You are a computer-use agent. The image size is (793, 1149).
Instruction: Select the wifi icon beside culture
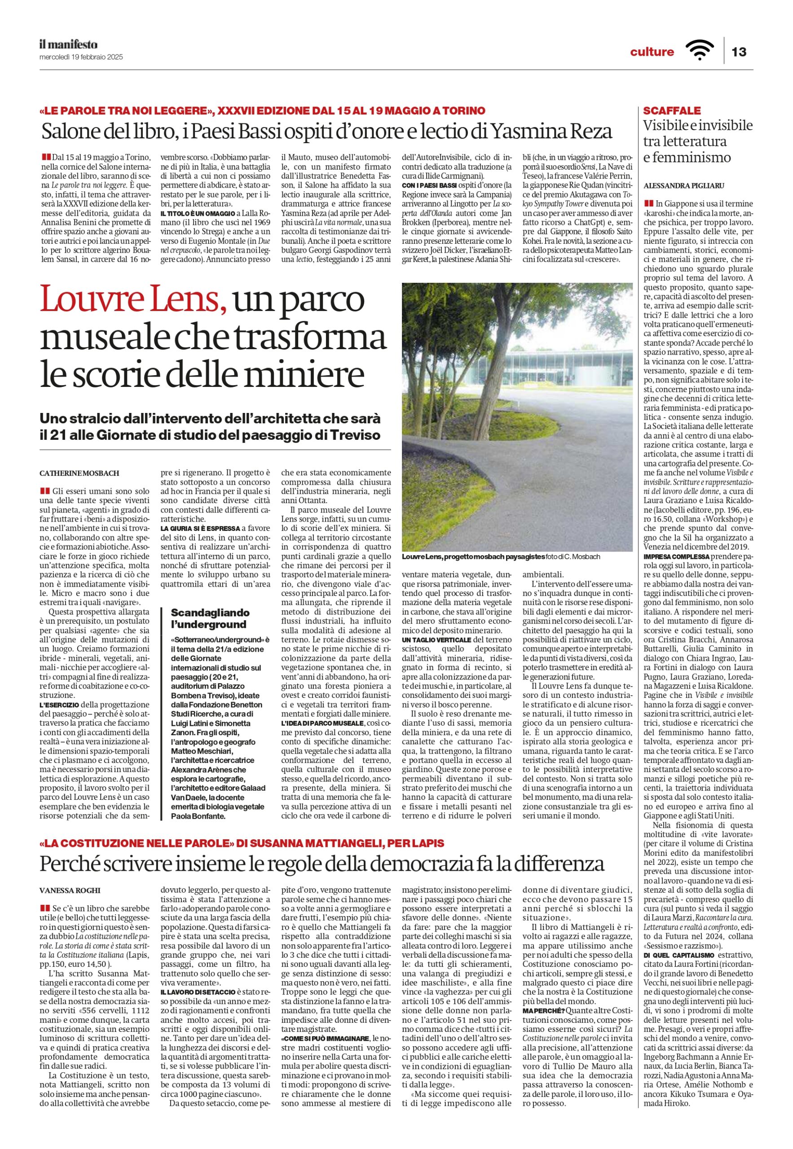tap(699, 51)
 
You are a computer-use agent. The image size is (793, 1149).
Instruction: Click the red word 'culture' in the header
tap(652, 52)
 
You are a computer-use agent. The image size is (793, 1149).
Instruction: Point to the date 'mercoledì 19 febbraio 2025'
tap(81, 57)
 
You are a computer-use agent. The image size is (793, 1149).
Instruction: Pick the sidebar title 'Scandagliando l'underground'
tap(210, 618)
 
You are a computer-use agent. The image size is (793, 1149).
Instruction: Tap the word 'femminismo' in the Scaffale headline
tap(687, 158)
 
